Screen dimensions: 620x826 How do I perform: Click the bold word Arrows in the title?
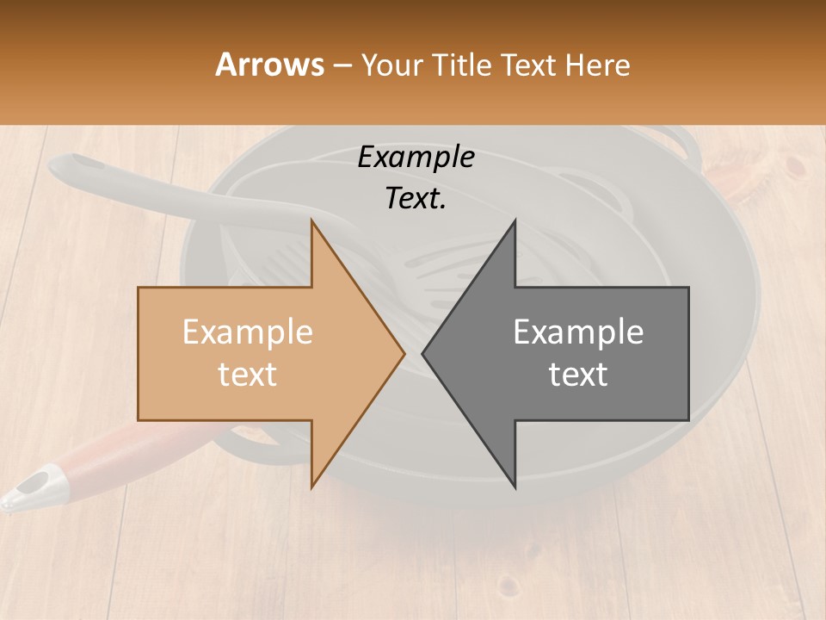pyautogui.click(x=269, y=65)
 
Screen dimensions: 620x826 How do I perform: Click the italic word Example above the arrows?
pyautogui.click(x=416, y=158)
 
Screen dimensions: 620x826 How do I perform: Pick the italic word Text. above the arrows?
pyautogui.click(x=416, y=198)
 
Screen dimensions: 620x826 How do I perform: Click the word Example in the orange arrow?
pyautogui.click(x=247, y=332)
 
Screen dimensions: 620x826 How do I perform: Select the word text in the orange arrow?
pyautogui.click(x=247, y=374)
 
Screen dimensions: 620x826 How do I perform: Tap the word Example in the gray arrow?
pyautogui.click(x=578, y=332)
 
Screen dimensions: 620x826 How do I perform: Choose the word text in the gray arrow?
pyautogui.click(x=578, y=374)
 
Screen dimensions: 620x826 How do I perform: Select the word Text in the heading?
pyautogui.click(x=530, y=65)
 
